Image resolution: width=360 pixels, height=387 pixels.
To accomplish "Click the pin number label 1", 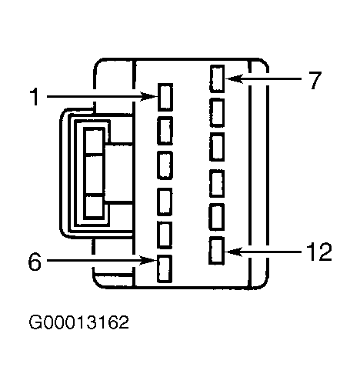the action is (x=34, y=97).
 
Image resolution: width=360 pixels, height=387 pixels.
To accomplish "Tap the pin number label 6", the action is (x=35, y=262).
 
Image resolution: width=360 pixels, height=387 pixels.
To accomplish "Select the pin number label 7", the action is (x=315, y=80).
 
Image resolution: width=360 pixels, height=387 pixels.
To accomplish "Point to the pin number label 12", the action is (x=319, y=252).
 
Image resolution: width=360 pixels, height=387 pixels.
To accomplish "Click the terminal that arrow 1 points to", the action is (x=165, y=97).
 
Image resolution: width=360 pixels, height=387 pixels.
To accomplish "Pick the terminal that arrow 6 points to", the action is (x=165, y=269).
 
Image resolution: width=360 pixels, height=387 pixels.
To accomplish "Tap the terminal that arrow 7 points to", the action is (x=217, y=78).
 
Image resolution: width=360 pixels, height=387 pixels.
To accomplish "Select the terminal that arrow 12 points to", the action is (x=217, y=251).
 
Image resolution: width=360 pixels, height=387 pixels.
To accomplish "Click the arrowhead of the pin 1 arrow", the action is (x=149, y=97).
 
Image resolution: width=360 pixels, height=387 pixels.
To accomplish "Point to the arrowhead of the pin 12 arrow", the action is (x=233, y=252).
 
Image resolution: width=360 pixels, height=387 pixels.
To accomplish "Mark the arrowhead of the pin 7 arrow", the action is (x=234, y=78).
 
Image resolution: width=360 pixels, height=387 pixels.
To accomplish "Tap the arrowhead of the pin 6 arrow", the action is (x=148, y=260).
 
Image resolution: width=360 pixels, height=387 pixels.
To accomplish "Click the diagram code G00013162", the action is (x=78, y=322).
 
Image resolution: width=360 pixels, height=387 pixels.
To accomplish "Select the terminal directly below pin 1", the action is (x=165, y=131).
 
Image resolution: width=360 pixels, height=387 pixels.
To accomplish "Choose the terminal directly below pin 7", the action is (x=217, y=112).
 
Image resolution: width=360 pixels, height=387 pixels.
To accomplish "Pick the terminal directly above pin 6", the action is (x=165, y=235).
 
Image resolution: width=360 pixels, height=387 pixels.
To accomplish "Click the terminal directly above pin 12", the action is (x=217, y=217).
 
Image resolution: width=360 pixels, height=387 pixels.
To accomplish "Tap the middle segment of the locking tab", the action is (x=95, y=175).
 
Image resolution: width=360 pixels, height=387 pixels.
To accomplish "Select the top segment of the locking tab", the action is (x=95, y=142).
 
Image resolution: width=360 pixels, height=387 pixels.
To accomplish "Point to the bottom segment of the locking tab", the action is (x=95, y=207).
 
